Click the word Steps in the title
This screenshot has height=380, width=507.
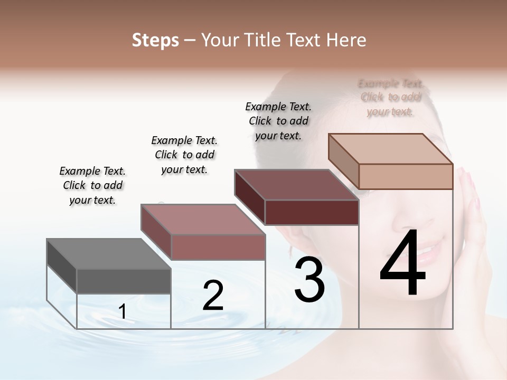pyautogui.click(x=155, y=40)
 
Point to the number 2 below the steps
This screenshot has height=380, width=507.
pyautogui.click(x=213, y=296)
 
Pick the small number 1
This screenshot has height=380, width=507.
pyautogui.click(x=123, y=312)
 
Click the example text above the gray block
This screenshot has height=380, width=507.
pyautogui.click(x=92, y=185)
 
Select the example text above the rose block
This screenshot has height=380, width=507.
pyautogui.click(x=184, y=155)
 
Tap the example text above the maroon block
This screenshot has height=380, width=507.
pyautogui.click(x=278, y=121)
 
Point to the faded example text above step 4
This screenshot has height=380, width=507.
pyautogui.click(x=390, y=98)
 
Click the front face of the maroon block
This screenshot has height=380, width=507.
pyautogui.click(x=312, y=213)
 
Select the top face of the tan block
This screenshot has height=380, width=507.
pyautogui.click(x=390, y=148)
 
